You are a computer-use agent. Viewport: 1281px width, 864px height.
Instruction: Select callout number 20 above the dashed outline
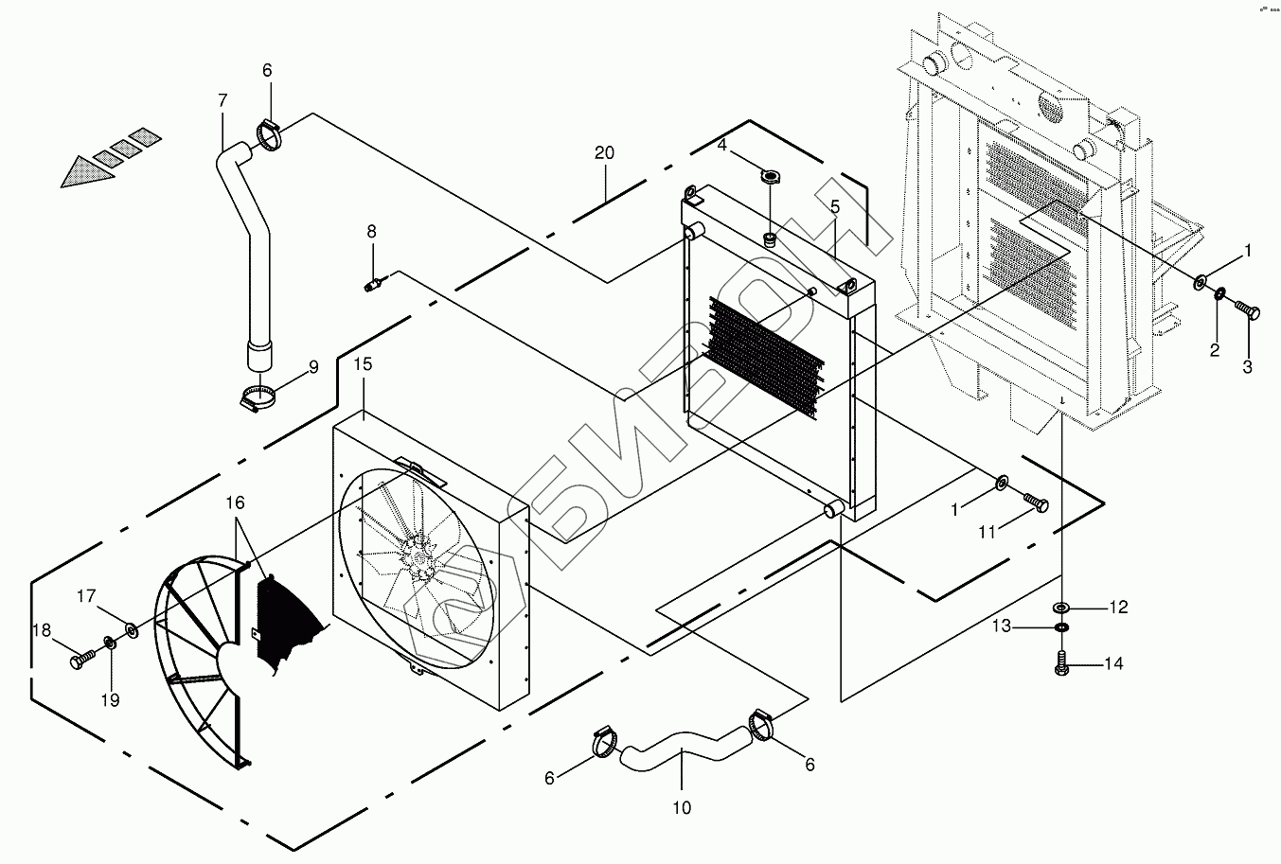coord(605,152)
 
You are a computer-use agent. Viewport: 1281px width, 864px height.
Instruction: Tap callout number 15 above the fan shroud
coord(364,364)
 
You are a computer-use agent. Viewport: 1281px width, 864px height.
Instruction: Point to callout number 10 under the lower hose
coord(682,807)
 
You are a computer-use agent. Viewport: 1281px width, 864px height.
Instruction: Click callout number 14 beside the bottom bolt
coord(1113,664)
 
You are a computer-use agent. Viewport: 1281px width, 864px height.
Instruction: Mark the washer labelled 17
coord(130,627)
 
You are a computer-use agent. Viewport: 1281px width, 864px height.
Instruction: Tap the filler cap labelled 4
coord(770,176)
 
